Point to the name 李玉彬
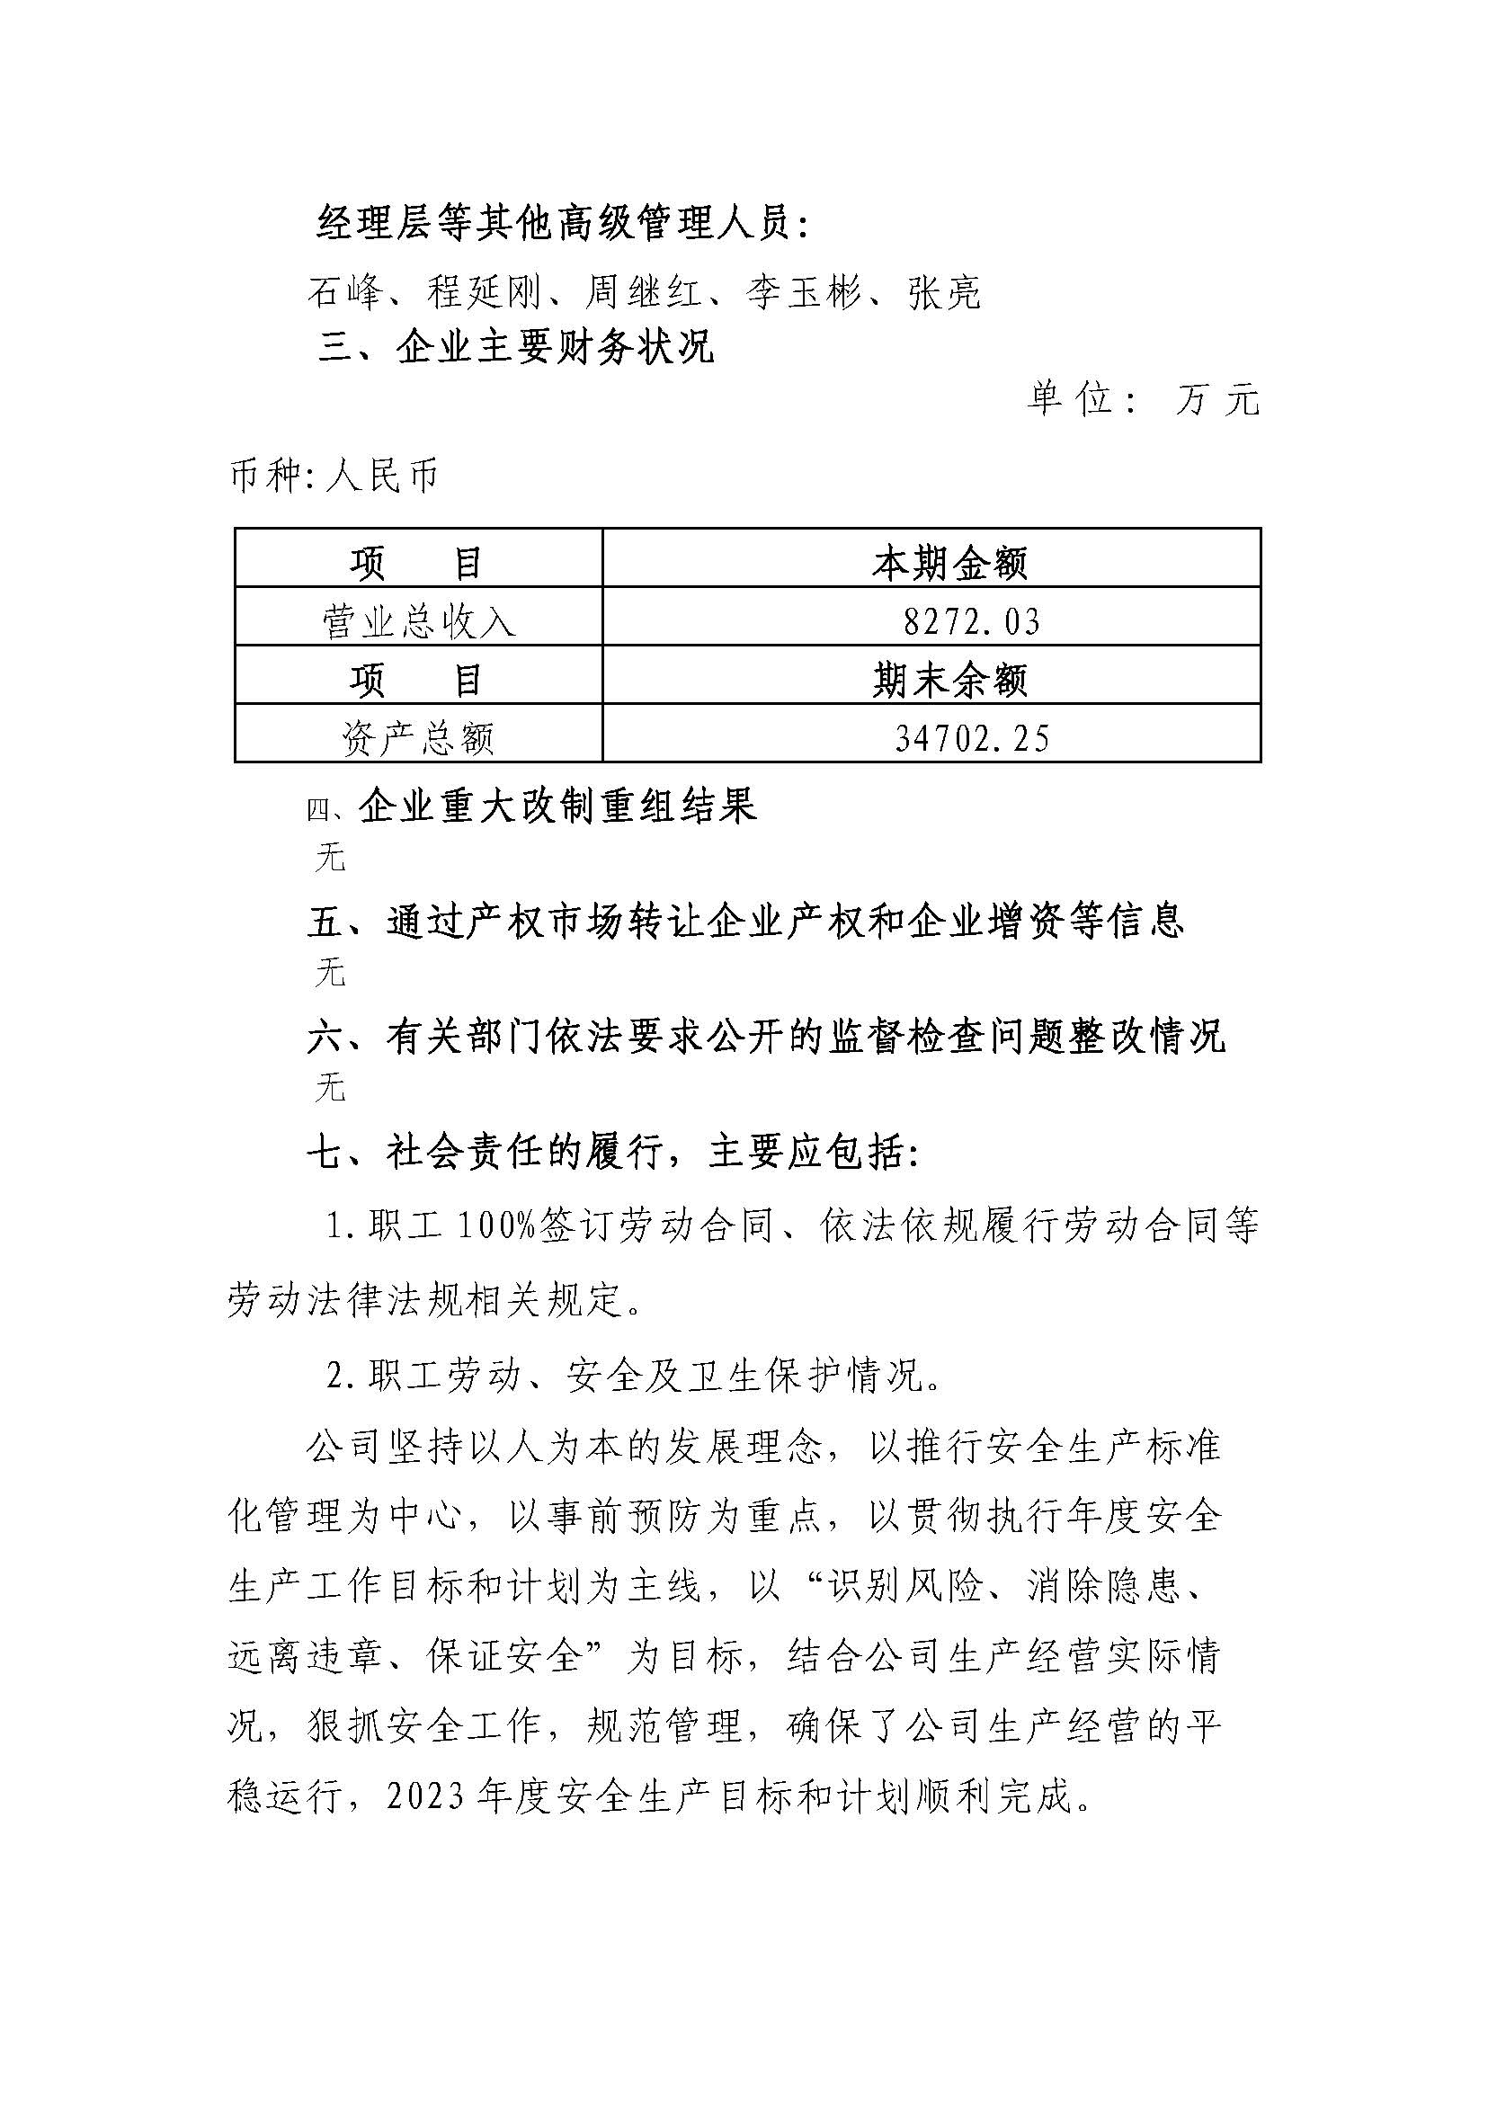tap(804, 293)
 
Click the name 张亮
tap(945, 293)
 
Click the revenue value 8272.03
tap(972, 623)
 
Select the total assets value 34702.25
tap(972, 738)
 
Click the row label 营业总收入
tap(419, 623)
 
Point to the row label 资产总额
tap(419, 738)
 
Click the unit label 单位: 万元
tap(1143, 399)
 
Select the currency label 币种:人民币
tap(334, 477)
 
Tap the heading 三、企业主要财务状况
tap(516, 348)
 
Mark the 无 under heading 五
tap(330, 973)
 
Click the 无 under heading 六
tap(330, 1089)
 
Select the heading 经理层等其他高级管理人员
tap(563, 224)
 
